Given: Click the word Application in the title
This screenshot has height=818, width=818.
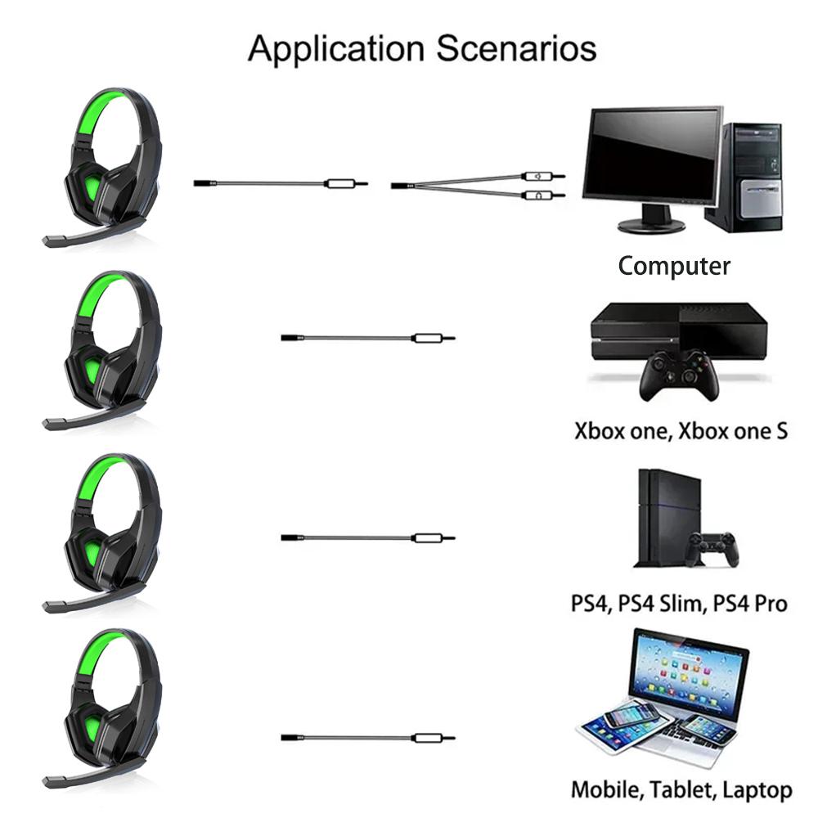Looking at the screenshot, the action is tap(336, 49).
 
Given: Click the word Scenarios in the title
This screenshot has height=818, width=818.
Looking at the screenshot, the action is tap(516, 48).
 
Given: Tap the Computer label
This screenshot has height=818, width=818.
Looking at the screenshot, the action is tap(674, 266).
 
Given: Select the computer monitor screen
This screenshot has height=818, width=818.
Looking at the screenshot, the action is tap(653, 155).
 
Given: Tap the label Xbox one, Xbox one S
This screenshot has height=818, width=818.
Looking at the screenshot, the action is tap(681, 431).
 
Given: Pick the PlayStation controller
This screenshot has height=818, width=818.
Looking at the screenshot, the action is tap(713, 549).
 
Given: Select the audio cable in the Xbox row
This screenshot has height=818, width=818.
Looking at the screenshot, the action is tap(368, 339).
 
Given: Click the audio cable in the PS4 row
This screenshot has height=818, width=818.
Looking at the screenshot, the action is tap(368, 538).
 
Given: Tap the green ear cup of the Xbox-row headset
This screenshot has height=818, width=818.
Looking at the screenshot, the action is tap(92, 371).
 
